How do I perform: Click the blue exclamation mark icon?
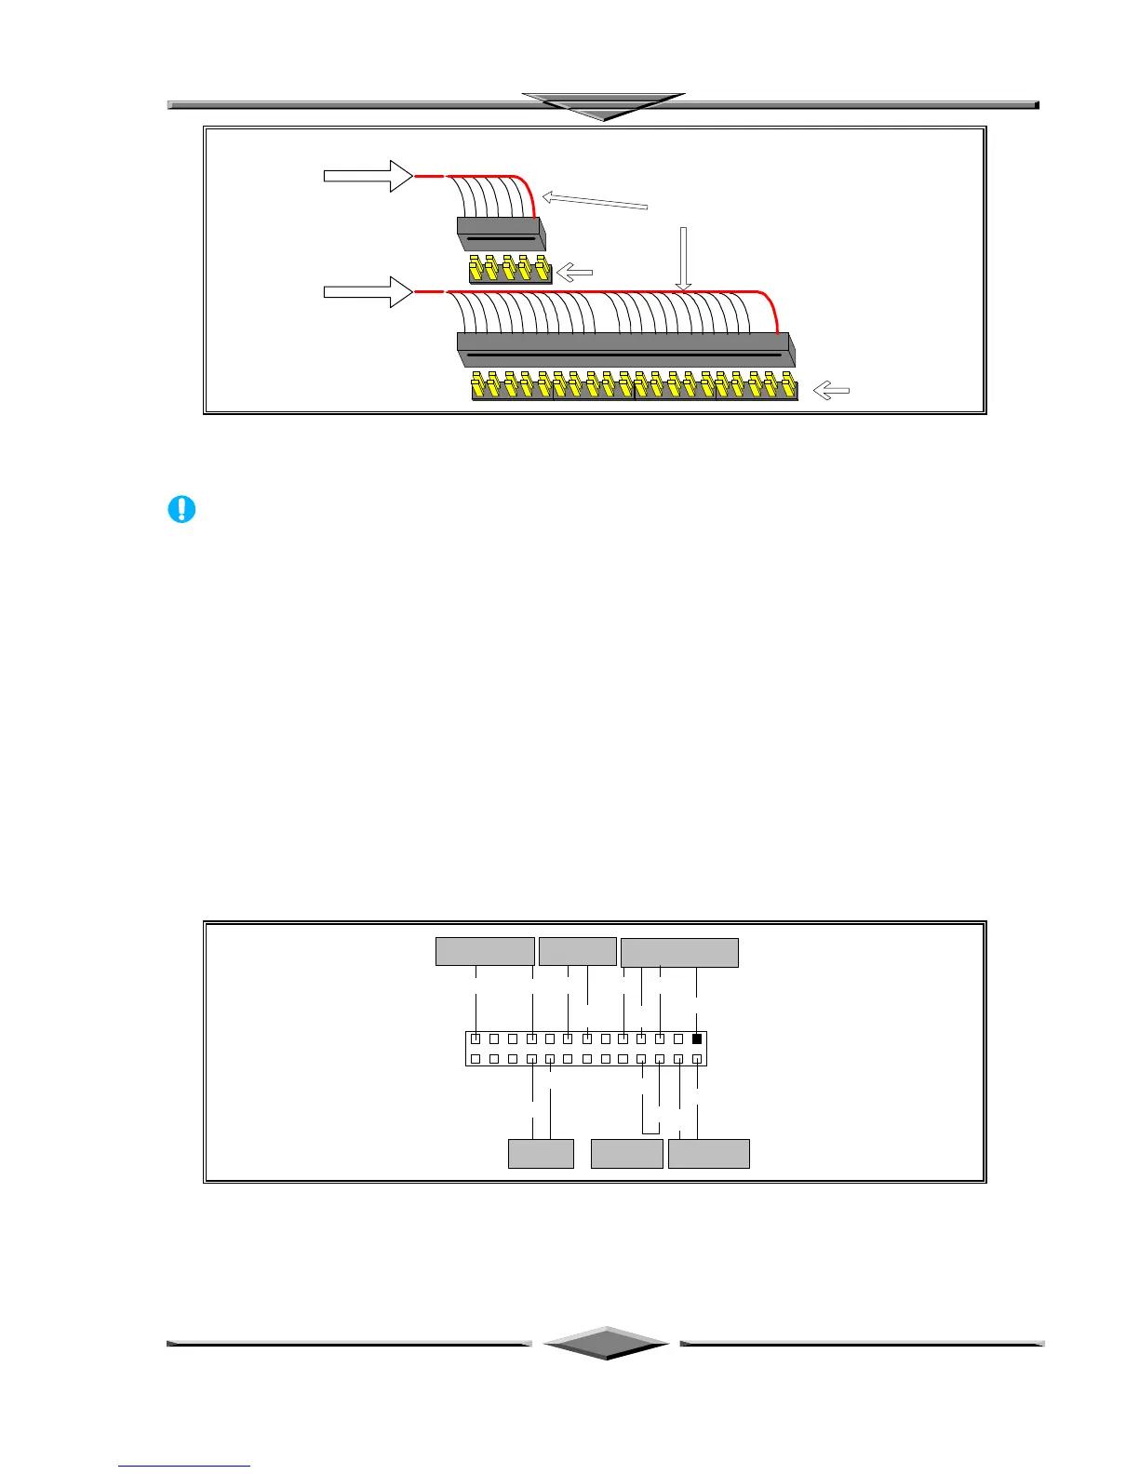pyautogui.click(x=181, y=509)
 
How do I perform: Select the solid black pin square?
pyautogui.click(x=696, y=1039)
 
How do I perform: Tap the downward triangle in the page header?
pyautogui.click(x=604, y=105)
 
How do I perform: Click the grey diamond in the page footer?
pyautogui.click(x=607, y=1343)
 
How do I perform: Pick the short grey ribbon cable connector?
pyautogui.click(x=500, y=233)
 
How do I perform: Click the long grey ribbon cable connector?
pyautogui.click(x=625, y=349)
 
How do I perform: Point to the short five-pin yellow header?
pyautogui.click(x=510, y=271)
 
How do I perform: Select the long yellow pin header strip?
pyautogui.click(x=635, y=386)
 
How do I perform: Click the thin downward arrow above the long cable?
pyautogui.click(x=683, y=259)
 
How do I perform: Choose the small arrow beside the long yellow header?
pyautogui.click(x=831, y=392)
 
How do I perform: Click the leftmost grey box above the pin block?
pyautogui.click(x=486, y=952)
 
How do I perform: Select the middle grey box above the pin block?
pyautogui.click(x=578, y=952)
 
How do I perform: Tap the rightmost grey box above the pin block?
pyautogui.click(x=679, y=953)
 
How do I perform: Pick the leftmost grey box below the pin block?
pyautogui.click(x=541, y=1153)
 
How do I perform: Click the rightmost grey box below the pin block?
pyautogui.click(x=709, y=1153)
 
